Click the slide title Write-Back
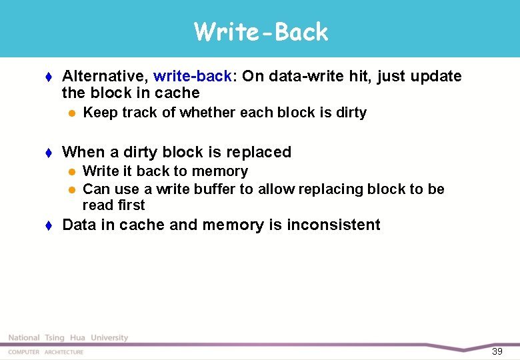(x=261, y=31)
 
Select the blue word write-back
(x=193, y=76)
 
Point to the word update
(x=436, y=76)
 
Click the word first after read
(x=130, y=205)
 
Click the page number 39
(x=497, y=351)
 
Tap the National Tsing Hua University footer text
(x=68, y=338)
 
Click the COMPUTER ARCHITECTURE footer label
(x=46, y=352)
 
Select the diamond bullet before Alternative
(x=49, y=77)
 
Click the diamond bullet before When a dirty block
(x=49, y=153)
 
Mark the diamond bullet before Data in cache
(x=49, y=225)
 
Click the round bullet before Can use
(x=71, y=190)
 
